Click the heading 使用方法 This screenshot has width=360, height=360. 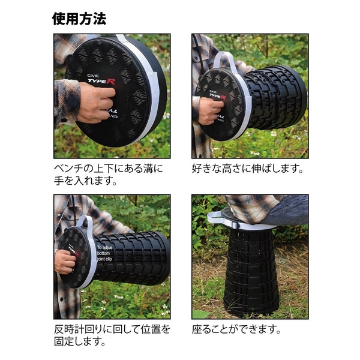pos(79,18)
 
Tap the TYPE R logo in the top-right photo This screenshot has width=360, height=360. pos(218,95)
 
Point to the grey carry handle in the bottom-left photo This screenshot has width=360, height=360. pos(85,224)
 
